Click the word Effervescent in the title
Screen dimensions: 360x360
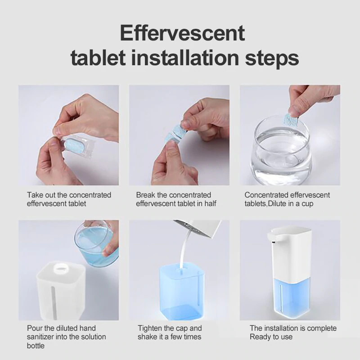[x=182, y=33]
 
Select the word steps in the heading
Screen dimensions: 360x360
[x=272, y=59]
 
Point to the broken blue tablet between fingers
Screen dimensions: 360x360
[x=176, y=133]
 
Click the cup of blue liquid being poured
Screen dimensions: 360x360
[x=96, y=243]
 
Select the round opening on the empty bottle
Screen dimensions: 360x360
[x=61, y=268]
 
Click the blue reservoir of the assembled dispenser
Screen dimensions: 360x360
[x=292, y=298]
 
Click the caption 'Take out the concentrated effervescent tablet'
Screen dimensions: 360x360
[x=69, y=199]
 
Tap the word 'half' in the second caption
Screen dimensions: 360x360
[x=210, y=203]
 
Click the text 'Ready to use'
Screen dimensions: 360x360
[x=271, y=337]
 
